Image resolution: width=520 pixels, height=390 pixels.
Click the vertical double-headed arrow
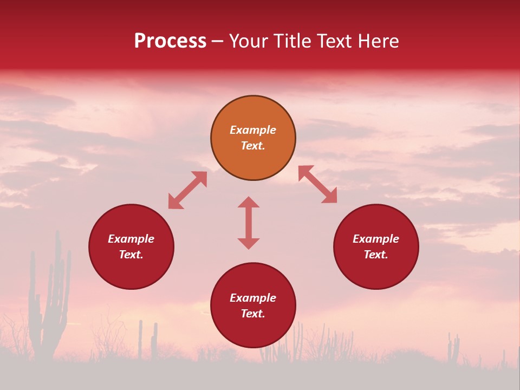[x=249, y=223]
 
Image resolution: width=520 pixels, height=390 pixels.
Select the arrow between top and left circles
[x=187, y=190]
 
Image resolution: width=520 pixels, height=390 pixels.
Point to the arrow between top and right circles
[x=317, y=184]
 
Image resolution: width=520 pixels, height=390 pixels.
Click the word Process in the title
[x=170, y=41]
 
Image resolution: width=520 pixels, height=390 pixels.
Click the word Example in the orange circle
[x=253, y=130]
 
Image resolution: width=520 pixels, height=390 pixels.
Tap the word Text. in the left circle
[x=131, y=255]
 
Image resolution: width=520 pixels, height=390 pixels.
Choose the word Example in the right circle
[x=376, y=239]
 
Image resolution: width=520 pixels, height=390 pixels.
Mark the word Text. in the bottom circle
[x=253, y=314]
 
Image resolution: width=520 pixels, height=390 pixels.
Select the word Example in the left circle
[x=131, y=239]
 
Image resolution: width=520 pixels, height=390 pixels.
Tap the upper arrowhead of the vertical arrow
[x=249, y=202]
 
